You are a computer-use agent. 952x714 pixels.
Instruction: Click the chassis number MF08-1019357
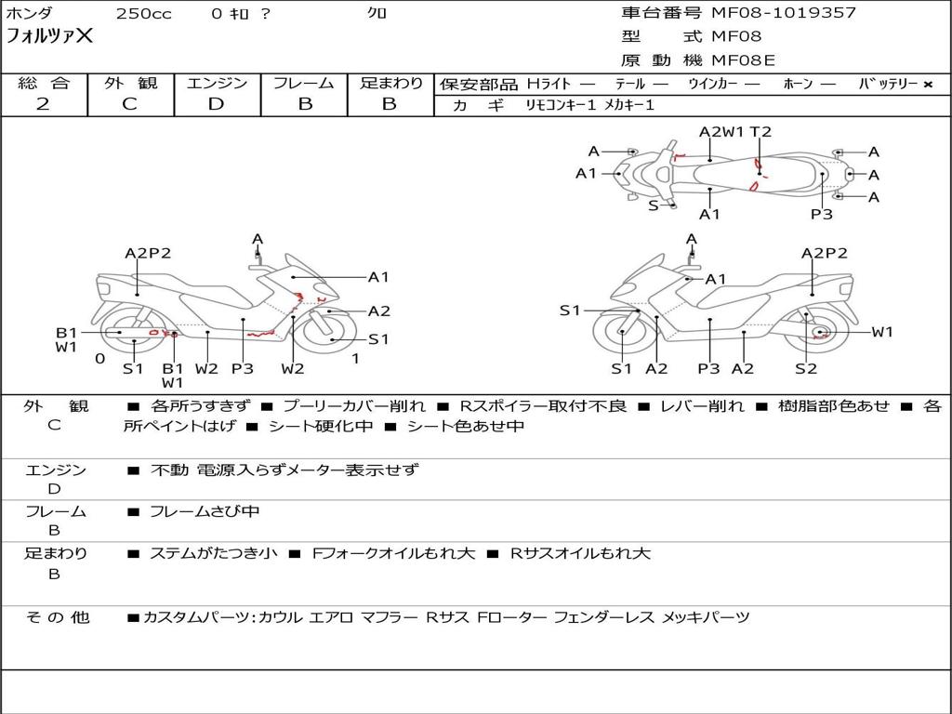(x=783, y=13)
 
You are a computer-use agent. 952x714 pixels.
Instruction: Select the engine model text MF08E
(x=743, y=60)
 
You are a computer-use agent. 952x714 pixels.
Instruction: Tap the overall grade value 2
(x=43, y=104)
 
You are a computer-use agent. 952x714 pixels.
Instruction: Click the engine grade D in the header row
(x=216, y=104)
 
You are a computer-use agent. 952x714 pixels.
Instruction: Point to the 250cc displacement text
(x=144, y=13)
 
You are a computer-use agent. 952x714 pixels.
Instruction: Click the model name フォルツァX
(x=49, y=36)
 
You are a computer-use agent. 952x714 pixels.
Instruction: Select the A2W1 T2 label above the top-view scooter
(x=734, y=132)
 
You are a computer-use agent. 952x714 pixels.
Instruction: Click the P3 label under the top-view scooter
(x=822, y=215)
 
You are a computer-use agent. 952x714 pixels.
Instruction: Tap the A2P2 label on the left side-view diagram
(x=148, y=253)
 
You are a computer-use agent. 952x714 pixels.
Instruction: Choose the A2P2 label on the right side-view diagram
(x=824, y=253)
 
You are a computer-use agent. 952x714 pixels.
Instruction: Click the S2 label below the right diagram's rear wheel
(x=806, y=368)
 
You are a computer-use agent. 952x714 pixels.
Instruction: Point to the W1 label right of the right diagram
(x=882, y=332)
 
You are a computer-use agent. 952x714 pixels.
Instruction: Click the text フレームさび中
(x=205, y=512)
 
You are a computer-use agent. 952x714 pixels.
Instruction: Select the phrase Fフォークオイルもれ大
(x=393, y=554)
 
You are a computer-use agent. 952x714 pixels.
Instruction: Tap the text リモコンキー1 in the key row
(x=561, y=106)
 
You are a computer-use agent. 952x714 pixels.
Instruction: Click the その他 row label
(x=57, y=617)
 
